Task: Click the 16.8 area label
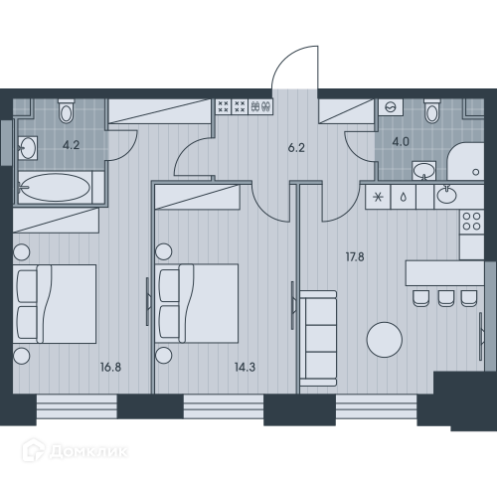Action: tap(110, 367)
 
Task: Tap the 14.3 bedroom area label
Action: tap(245, 367)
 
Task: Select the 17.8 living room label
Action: tap(355, 256)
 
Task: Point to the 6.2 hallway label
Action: tap(296, 148)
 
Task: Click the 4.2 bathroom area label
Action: tap(72, 145)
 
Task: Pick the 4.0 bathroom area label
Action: tap(401, 142)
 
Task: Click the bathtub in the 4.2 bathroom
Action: tap(55, 188)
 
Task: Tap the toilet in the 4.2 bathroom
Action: tap(67, 111)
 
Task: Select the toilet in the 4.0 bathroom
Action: tap(432, 111)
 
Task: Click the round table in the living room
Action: tap(385, 340)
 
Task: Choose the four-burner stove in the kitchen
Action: tap(472, 221)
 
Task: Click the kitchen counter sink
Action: tap(446, 195)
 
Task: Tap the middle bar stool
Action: tap(446, 298)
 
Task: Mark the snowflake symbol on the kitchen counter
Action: tap(378, 197)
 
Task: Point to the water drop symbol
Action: tap(404, 198)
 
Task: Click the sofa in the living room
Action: tap(318, 339)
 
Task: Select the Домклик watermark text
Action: tap(88, 451)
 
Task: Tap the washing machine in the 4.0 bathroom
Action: tap(392, 107)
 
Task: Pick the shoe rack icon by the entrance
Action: tap(260, 106)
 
